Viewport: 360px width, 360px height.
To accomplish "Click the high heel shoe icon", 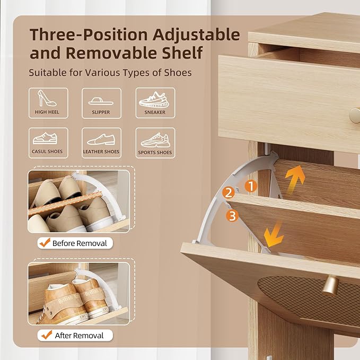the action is click(x=46, y=98).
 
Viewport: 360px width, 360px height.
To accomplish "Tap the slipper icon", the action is click(x=101, y=101).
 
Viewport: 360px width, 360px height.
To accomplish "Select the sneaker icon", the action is click(x=154, y=100).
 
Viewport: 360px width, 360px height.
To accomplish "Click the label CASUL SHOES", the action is click(x=47, y=152).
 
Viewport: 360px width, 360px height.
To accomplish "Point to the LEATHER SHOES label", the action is click(x=101, y=152).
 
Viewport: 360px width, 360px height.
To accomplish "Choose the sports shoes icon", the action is click(x=155, y=140).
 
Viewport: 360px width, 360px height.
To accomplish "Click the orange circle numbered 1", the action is click(x=251, y=186).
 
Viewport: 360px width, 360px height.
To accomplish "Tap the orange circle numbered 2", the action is click(x=228, y=192).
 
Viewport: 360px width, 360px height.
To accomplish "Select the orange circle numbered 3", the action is click(x=232, y=216).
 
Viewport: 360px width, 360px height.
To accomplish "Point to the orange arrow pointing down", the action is click(x=274, y=235).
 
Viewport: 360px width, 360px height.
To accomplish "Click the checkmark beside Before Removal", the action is click(x=45, y=242).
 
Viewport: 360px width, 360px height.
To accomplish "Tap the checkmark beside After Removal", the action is click(x=47, y=335).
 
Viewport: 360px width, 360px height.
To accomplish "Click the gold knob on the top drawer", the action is click(x=355, y=116).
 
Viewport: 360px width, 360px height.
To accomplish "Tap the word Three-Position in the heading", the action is click(x=89, y=35).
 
